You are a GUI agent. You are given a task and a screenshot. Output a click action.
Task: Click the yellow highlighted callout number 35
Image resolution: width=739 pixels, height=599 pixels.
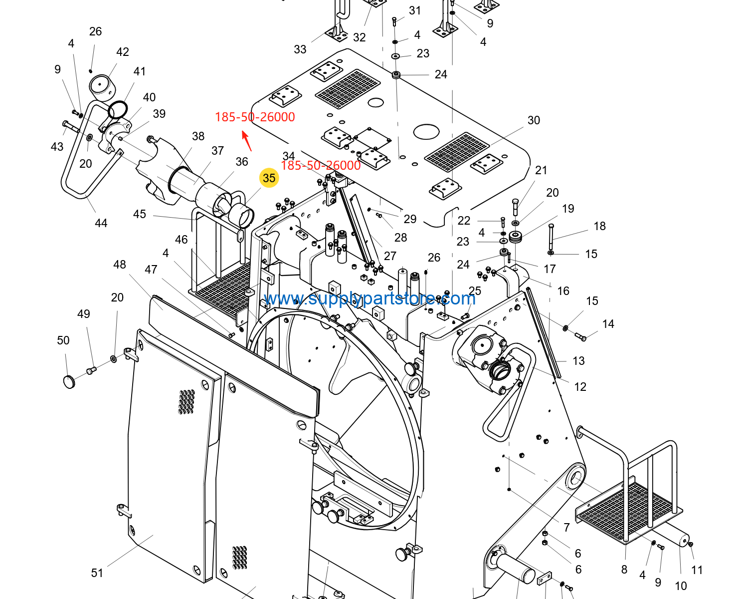(269, 178)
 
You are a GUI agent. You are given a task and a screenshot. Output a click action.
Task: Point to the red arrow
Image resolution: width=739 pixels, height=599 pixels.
(246, 141)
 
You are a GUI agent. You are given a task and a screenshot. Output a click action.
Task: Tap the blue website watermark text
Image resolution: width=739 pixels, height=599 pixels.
(369, 299)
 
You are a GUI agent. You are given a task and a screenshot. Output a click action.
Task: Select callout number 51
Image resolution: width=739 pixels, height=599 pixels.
(97, 573)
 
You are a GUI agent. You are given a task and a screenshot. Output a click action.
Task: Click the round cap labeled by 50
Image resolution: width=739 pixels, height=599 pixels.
(69, 381)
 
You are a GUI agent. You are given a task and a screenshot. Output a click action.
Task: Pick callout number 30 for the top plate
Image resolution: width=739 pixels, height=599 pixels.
(534, 120)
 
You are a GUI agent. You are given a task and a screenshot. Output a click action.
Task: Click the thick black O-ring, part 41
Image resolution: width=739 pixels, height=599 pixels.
(118, 110)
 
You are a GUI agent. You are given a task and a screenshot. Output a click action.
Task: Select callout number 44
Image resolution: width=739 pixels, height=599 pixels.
(101, 223)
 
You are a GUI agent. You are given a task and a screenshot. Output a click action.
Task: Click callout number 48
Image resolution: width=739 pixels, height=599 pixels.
(119, 265)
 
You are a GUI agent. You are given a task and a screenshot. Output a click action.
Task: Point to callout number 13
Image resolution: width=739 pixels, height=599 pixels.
(578, 361)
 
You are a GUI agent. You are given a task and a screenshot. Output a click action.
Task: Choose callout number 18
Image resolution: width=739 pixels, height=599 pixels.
(599, 226)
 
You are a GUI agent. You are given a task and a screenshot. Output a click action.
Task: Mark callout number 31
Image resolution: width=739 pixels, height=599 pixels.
(414, 10)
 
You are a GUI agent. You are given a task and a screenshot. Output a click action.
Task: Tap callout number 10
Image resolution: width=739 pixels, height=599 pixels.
(681, 586)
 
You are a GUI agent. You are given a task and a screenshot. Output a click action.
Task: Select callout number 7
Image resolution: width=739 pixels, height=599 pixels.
(566, 528)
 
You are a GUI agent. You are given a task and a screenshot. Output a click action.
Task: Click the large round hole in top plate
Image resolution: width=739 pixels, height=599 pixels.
(426, 132)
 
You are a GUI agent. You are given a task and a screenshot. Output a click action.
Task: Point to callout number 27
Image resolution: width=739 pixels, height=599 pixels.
(390, 256)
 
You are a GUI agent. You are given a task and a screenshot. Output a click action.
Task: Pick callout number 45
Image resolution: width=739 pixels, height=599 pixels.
(140, 214)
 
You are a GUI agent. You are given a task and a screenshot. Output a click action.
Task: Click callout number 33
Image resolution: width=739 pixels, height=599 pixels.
(300, 49)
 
